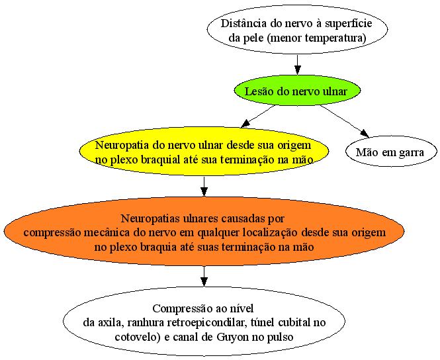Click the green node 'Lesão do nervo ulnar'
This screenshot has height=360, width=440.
[297, 91]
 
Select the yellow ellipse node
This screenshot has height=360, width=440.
[204, 152]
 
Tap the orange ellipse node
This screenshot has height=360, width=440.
[204, 232]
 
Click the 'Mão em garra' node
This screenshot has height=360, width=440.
[391, 152]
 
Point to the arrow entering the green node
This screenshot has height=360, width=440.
[298, 65]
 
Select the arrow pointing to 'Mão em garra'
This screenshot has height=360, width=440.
[345, 121]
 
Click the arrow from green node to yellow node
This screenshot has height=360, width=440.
[258, 116]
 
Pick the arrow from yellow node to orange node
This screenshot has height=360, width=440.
[204, 187]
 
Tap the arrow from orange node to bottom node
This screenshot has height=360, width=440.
[204, 276]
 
